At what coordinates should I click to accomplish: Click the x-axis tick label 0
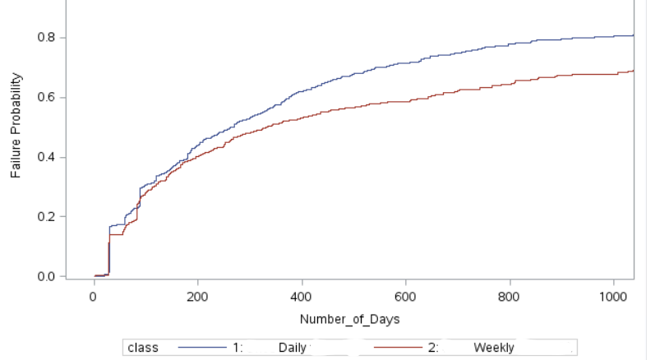pos(94,296)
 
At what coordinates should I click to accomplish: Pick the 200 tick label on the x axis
pos(198,296)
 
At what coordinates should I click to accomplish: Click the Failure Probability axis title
pos(16,125)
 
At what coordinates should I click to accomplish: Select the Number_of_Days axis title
pos(349,319)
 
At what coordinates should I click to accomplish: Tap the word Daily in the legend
pos(293,348)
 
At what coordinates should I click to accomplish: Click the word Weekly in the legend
pos(493,348)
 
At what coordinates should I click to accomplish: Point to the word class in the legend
pos(143,348)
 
